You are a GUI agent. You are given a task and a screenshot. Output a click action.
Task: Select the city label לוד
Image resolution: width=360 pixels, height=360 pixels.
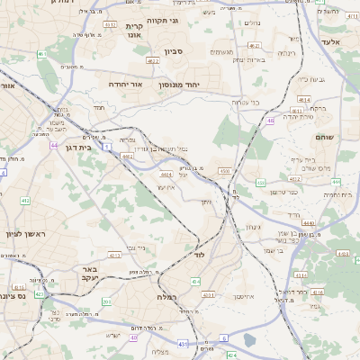coord(200,256)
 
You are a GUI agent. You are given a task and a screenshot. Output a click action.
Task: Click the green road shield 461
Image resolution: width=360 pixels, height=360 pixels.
coord(42,55)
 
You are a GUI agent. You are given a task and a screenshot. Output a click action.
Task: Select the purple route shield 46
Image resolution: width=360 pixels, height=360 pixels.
coord(271,120)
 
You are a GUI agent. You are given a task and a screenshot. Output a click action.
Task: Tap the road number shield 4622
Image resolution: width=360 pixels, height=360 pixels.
coord(153,61)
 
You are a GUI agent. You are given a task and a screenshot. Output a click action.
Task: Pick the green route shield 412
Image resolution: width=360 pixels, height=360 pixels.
coord(24,200)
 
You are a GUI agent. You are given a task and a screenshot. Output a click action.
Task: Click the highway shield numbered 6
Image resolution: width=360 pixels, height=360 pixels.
coord(223,338)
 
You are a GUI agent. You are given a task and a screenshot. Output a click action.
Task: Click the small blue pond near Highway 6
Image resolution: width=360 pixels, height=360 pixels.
coord(248,340)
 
